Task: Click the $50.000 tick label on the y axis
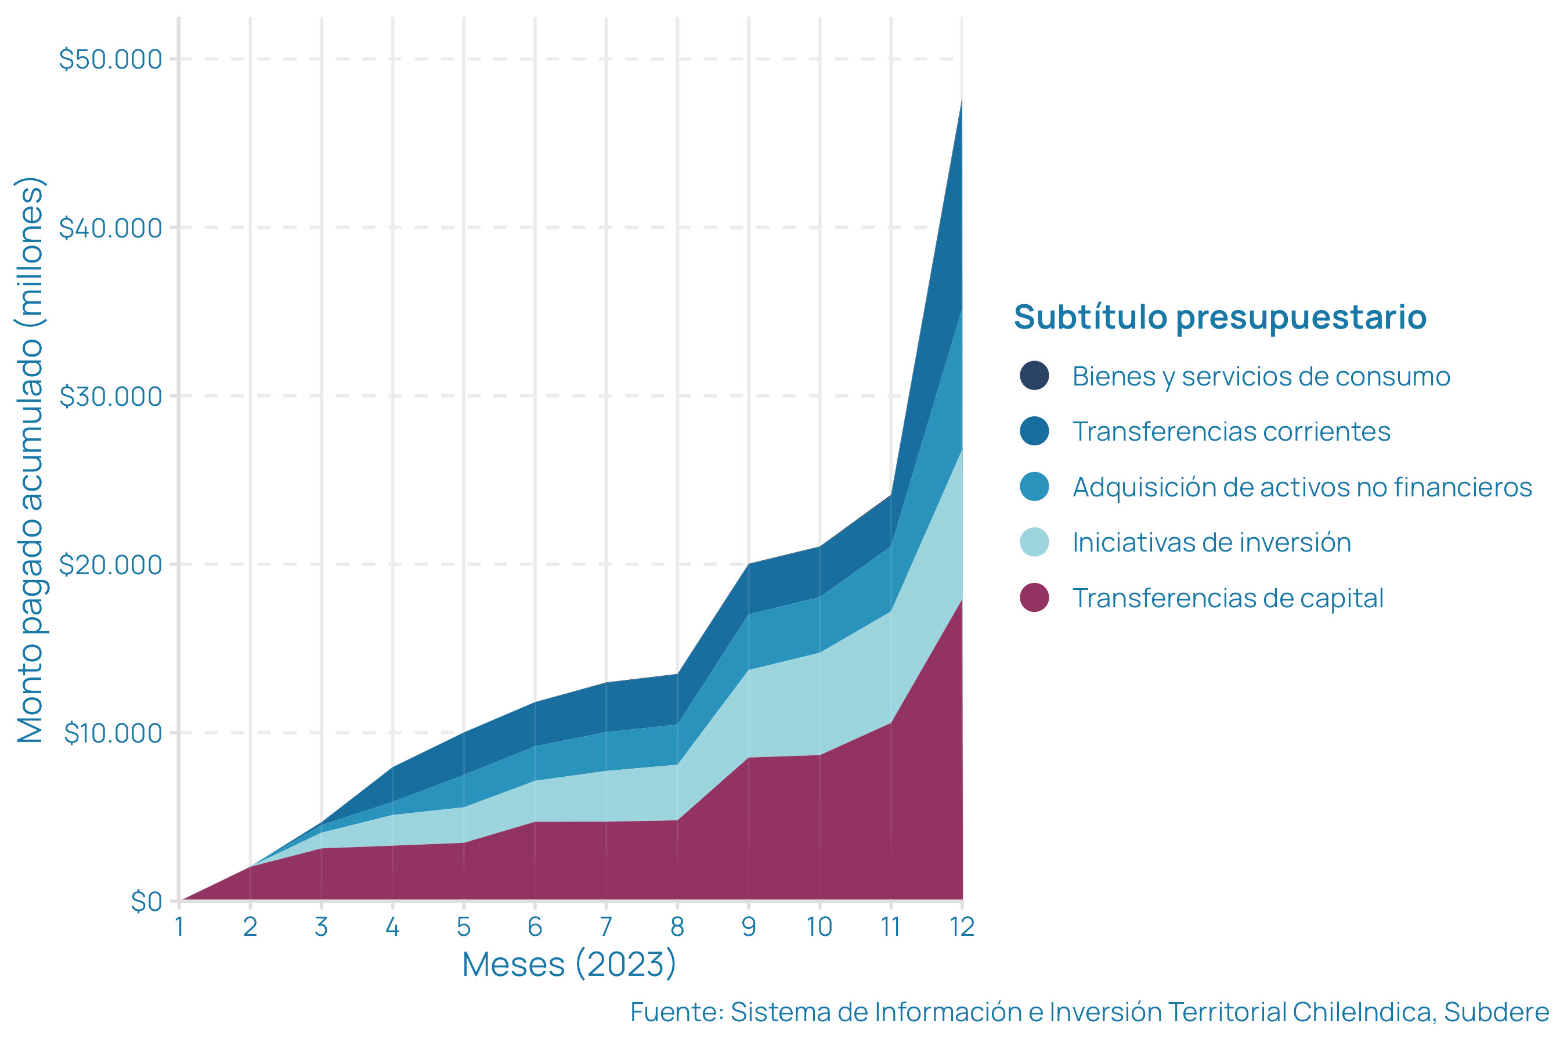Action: pos(111,59)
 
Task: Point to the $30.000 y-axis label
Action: pos(111,397)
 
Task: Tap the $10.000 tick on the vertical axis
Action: pos(113,733)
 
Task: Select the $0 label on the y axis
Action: pos(147,902)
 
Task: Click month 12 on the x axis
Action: pos(962,927)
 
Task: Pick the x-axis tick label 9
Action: pos(749,927)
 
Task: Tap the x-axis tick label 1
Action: pos(179,927)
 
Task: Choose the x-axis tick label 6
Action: pos(535,927)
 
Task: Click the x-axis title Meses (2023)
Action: pos(570,964)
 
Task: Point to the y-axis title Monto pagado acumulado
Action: pos(31,460)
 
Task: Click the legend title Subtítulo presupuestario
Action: pos(1220,316)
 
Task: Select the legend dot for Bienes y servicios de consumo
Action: pos(1034,376)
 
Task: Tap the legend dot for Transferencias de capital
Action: pos(1034,598)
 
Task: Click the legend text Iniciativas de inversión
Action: pos(1211,542)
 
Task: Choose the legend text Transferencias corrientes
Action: pos(1231,432)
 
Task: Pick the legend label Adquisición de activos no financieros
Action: pos(1302,487)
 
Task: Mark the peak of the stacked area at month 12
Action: pos(962,98)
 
